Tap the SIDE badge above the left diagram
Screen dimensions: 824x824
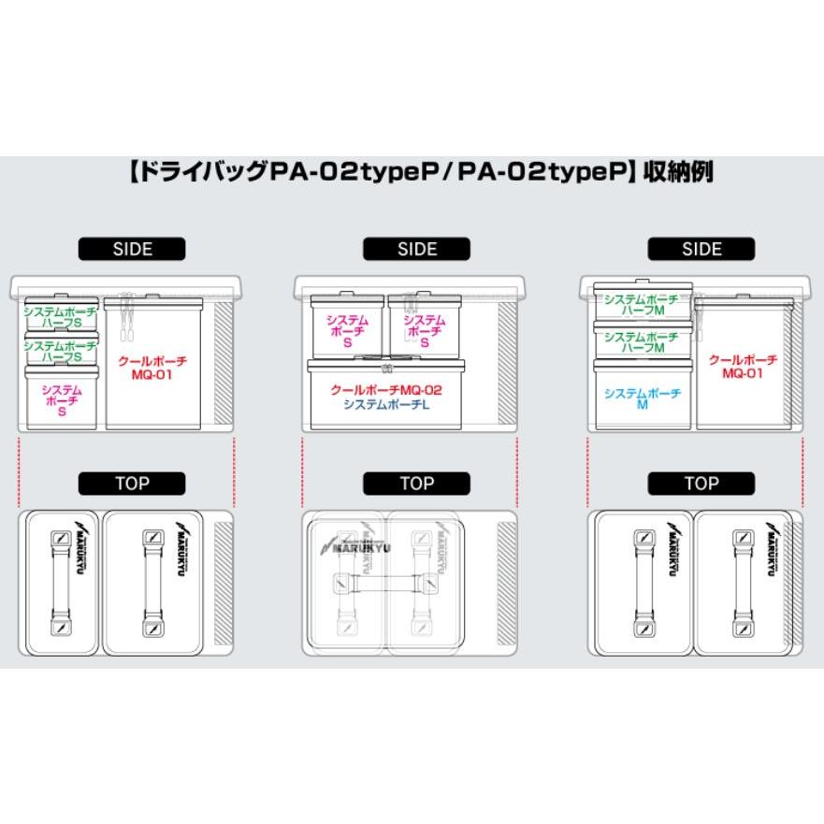coord(132,249)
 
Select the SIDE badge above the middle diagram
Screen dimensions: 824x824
coord(417,249)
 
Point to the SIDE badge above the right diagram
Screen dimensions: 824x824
coord(701,249)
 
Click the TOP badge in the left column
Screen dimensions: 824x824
coord(132,484)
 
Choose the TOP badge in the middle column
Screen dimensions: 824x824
coord(417,484)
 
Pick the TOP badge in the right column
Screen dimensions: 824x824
coord(701,484)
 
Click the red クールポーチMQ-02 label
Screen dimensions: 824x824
coord(386,389)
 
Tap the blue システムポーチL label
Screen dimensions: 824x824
coord(385,404)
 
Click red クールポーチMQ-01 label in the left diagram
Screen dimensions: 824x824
coord(152,367)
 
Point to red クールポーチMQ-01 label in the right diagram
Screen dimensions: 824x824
coord(743,367)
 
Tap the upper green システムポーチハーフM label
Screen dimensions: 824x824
coord(643,305)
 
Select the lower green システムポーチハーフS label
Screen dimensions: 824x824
coord(61,351)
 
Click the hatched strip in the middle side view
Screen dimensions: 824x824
coord(505,365)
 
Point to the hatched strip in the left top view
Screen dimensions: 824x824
coord(223,582)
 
